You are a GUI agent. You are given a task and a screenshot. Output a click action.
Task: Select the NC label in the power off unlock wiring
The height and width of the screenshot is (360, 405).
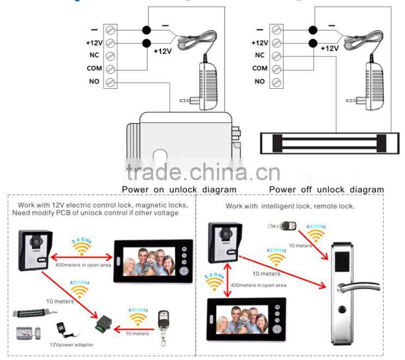pos(259,55)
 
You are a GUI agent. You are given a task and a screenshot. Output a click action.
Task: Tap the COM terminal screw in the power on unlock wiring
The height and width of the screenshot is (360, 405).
pos(111,69)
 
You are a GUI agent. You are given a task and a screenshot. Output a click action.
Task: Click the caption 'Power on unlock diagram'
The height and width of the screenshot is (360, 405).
pos(179,190)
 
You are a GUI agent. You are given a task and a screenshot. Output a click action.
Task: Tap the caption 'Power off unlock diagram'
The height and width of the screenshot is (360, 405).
pos(326,190)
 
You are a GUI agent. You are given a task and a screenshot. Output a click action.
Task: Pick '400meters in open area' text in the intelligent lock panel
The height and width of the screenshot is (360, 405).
pos(258,285)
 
